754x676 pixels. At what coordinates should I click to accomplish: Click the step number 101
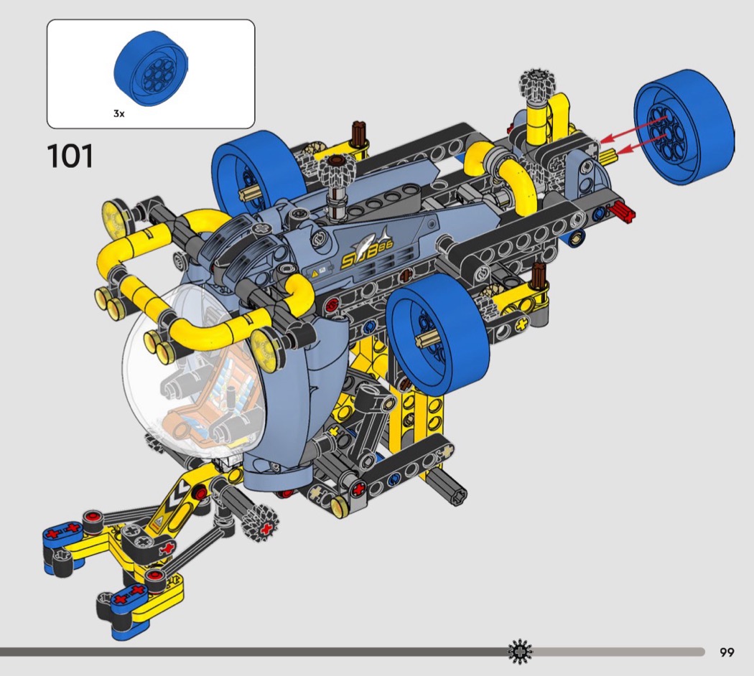click(x=70, y=156)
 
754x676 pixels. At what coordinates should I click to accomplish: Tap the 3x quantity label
click(x=118, y=113)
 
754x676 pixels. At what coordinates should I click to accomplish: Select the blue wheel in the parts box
click(x=151, y=69)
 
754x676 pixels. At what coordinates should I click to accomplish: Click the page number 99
click(x=727, y=652)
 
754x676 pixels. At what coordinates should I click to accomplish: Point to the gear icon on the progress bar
click(x=521, y=652)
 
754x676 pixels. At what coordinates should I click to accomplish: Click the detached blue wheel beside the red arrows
click(x=684, y=127)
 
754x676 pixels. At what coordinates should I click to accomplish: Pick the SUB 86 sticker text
click(x=366, y=254)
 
